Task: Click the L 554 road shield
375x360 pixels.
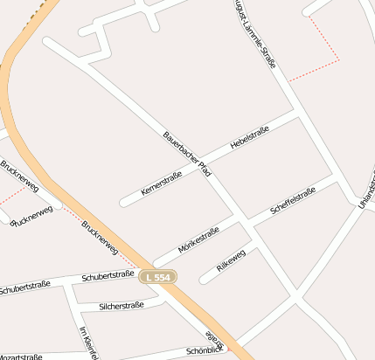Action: pos(158,276)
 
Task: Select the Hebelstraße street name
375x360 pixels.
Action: pos(249,140)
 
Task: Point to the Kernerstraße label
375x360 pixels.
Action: pos(161,184)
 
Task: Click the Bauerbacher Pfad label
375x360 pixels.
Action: pos(187,155)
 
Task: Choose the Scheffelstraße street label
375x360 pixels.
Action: pos(293,202)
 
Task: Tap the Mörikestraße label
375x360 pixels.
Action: pos(198,239)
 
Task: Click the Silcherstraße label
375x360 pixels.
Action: pos(122,306)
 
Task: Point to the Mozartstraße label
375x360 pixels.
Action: pos(19,357)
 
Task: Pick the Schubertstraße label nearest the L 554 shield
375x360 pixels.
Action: pos(108,276)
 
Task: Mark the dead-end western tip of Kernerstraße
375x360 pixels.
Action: pos(123,204)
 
